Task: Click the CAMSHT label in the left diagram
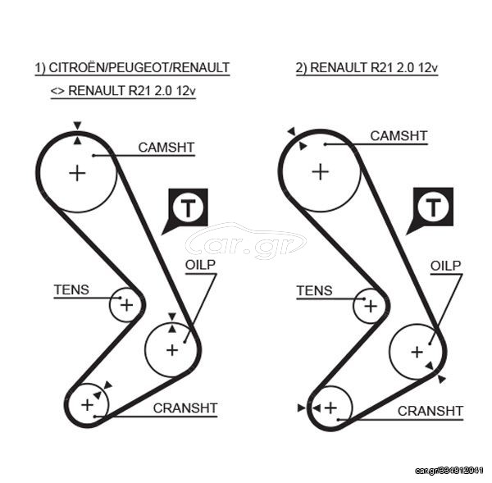click(166, 147)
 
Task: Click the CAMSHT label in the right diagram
click(399, 136)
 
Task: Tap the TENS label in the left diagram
click(71, 289)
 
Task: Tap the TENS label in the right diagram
click(314, 290)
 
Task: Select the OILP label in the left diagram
click(200, 265)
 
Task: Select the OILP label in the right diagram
click(445, 266)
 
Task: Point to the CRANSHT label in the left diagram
click(185, 408)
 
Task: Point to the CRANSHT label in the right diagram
click(430, 411)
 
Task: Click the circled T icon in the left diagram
click(188, 207)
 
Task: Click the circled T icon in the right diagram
click(433, 207)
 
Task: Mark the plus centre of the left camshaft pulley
click(77, 173)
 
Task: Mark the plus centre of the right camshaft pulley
click(321, 172)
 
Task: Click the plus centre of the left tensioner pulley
click(126, 305)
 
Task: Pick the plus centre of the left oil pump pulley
click(172, 350)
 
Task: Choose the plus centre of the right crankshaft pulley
click(330, 408)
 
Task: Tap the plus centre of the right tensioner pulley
click(371, 306)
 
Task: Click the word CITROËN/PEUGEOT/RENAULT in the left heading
click(139, 68)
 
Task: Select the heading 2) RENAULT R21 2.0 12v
click(367, 68)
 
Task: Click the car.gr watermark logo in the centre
click(246, 241)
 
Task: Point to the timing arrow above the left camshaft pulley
click(77, 125)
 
